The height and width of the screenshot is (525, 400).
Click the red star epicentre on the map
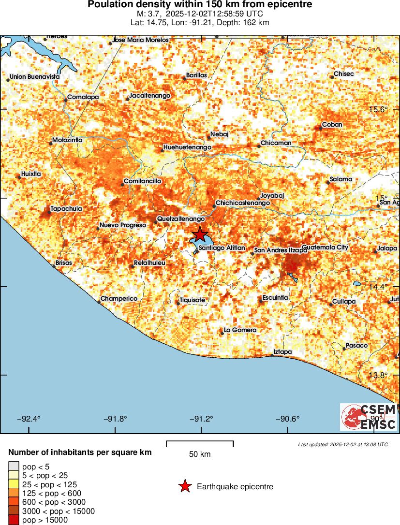199,235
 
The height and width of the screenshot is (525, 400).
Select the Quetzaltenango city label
178,219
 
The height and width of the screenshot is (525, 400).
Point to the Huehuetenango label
188,147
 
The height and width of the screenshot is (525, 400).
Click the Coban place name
332,124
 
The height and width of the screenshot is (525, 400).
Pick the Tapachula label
66,209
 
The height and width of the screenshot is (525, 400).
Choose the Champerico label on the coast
119,299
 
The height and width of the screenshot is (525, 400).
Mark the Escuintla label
275,297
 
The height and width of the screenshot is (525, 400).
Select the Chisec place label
344,74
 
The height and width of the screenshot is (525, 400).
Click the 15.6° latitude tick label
378,110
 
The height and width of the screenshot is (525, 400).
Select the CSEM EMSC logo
368,417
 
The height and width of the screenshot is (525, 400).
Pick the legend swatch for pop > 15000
14,520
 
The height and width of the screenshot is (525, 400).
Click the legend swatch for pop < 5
14,467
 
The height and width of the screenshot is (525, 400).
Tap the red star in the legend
184,486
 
